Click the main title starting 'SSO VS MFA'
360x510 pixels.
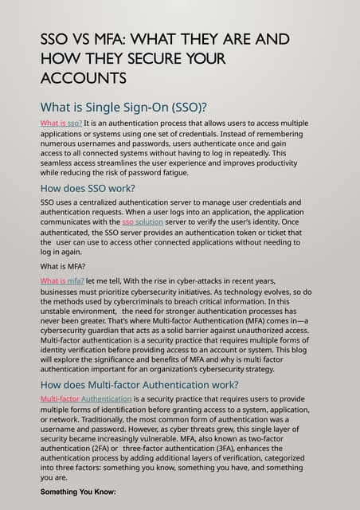[165, 40]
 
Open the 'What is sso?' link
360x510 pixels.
[61, 124]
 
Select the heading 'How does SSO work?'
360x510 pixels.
[88, 188]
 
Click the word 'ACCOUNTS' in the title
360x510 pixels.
[83, 78]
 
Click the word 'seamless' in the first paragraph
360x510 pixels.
[59, 163]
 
